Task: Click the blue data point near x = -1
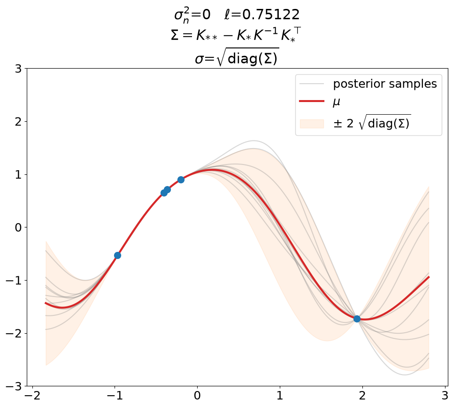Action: pyautogui.click(x=117, y=255)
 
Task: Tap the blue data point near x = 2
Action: pyautogui.click(x=357, y=319)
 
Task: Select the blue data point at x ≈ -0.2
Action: pyautogui.click(x=181, y=180)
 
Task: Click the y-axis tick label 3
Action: pyautogui.click(x=18, y=69)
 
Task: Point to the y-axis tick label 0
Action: pyautogui.click(x=18, y=227)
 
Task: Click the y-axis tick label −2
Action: pyautogui.click(x=14, y=333)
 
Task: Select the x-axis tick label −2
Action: pyautogui.click(x=33, y=396)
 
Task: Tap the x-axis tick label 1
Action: pyautogui.click(x=280, y=396)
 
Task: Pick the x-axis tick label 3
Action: pyautogui.click(x=445, y=396)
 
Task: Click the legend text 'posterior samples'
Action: pyautogui.click(x=385, y=84)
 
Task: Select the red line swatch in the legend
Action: pyautogui.click(x=312, y=101)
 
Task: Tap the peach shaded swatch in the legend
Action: pyautogui.click(x=312, y=124)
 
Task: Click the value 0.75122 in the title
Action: pyautogui.click(x=271, y=15)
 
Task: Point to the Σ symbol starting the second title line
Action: pyautogui.click(x=175, y=35)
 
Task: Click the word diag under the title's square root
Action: pyautogui.click(x=242, y=59)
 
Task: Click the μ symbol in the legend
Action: pyautogui.click(x=337, y=102)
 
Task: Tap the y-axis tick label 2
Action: pyautogui.click(x=18, y=122)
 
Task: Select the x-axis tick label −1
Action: pyautogui.click(x=115, y=396)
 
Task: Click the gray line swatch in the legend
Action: pyautogui.click(x=312, y=84)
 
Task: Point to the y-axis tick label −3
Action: pyautogui.click(x=14, y=386)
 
